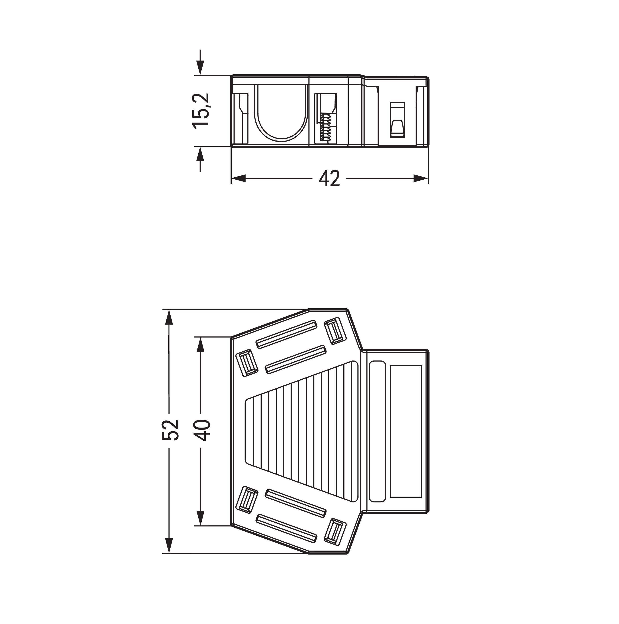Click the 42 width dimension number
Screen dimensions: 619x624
click(329, 178)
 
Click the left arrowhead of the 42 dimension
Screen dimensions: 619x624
click(238, 178)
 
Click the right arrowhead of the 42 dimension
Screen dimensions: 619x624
click(421, 178)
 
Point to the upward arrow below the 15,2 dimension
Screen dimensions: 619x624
click(200, 159)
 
